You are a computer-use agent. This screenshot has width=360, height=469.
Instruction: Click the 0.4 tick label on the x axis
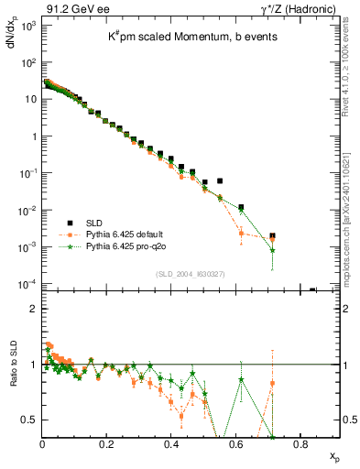coord(171,444)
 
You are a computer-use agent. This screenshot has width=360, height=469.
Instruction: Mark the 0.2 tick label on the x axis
coord(107,444)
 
